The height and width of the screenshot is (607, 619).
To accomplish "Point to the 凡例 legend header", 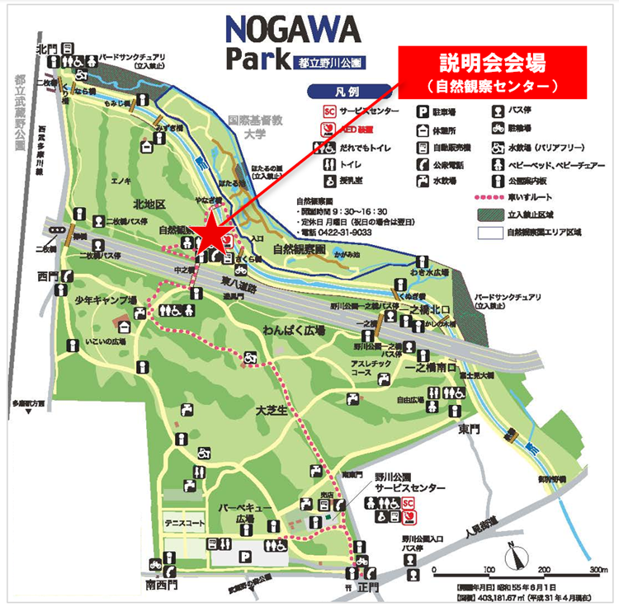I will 336,90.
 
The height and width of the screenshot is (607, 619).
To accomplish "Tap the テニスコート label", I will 184,523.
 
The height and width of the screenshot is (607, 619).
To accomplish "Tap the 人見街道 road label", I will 488,534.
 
